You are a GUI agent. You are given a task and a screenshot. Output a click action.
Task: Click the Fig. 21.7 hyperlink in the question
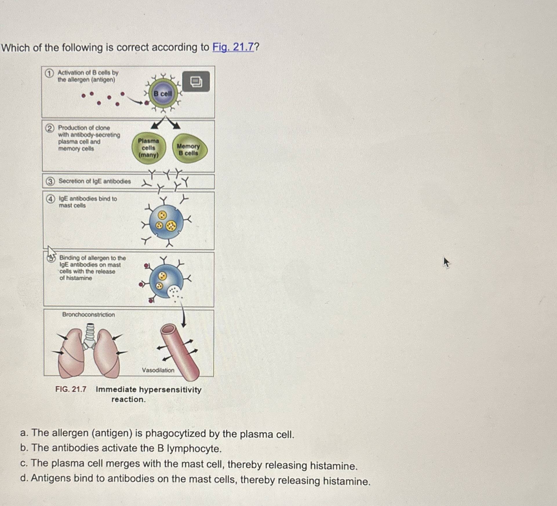click(x=233, y=47)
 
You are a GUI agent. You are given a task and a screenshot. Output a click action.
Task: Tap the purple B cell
click(x=163, y=94)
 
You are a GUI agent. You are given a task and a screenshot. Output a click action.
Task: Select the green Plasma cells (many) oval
click(x=149, y=148)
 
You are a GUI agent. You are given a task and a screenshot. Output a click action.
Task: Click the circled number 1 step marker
click(x=49, y=73)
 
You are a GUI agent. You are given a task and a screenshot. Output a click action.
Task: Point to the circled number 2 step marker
click(x=50, y=128)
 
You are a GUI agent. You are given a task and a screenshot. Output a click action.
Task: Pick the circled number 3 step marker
click(x=50, y=182)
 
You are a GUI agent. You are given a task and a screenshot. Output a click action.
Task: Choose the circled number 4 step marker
click(x=50, y=199)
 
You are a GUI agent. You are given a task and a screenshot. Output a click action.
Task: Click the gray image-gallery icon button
click(x=196, y=81)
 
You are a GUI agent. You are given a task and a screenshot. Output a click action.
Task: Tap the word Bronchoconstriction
click(x=88, y=315)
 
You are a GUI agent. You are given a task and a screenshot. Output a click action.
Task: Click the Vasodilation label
click(x=158, y=370)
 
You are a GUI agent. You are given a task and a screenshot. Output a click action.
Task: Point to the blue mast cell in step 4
click(x=166, y=222)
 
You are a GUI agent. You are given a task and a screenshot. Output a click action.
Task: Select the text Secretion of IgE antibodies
click(x=94, y=181)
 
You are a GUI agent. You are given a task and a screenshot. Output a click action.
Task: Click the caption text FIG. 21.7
click(x=71, y=389)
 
